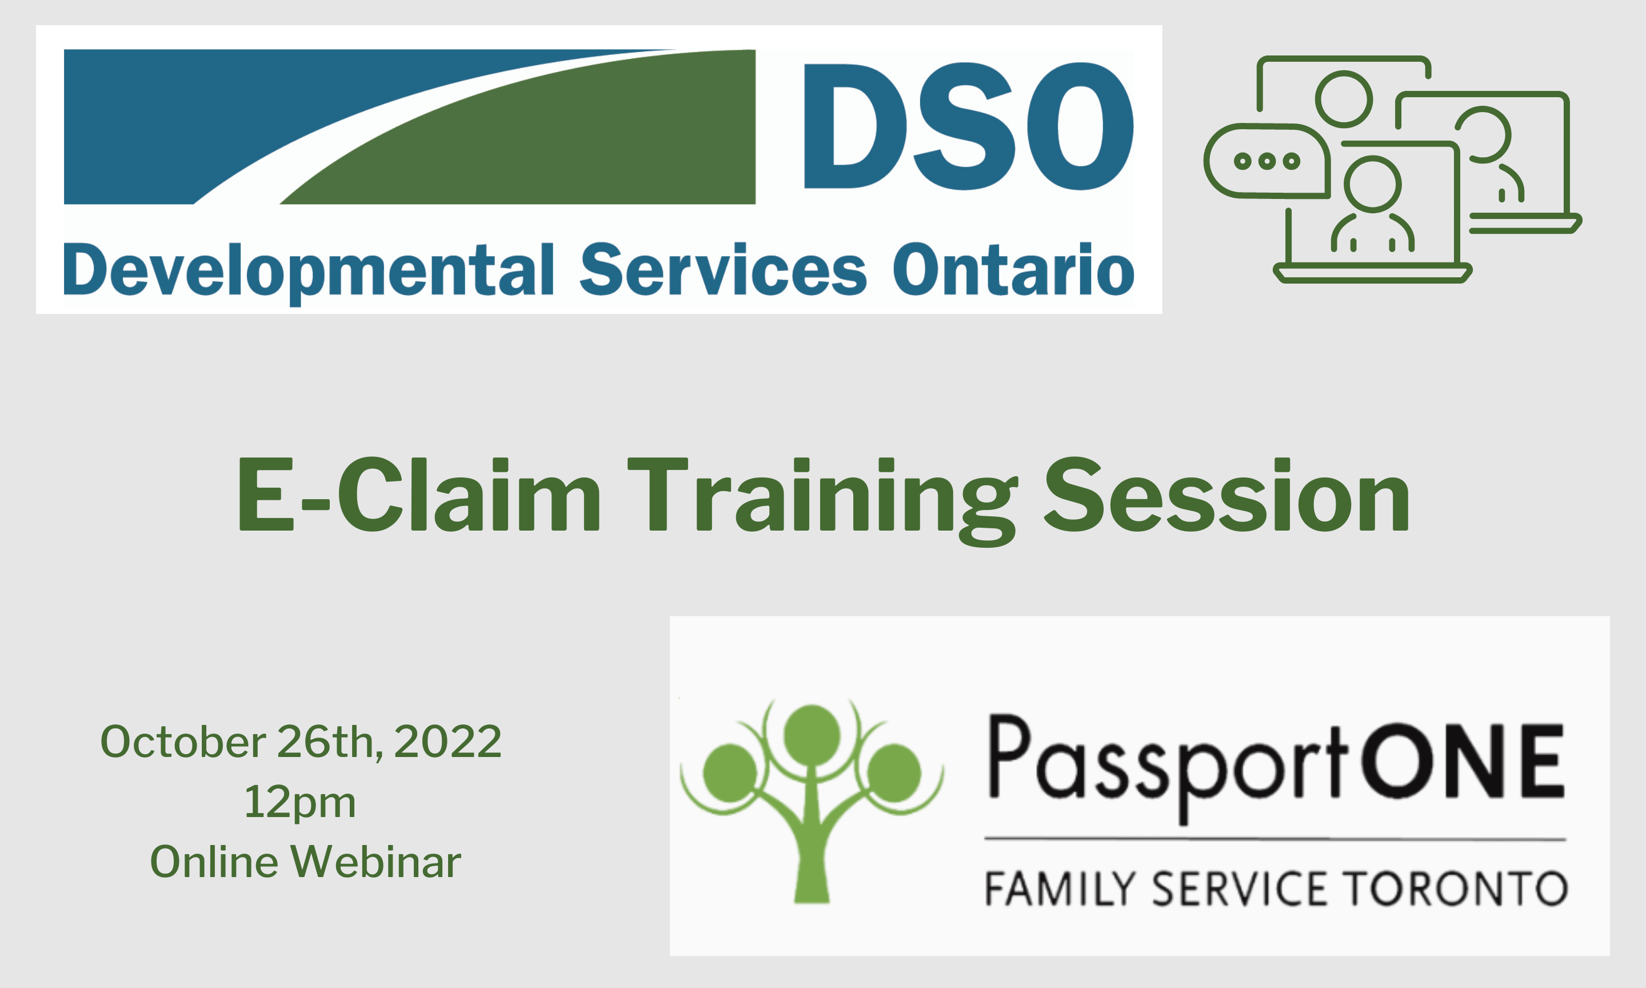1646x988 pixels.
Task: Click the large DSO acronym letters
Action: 969,126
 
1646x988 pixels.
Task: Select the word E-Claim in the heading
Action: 419,495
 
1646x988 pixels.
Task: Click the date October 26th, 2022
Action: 301,741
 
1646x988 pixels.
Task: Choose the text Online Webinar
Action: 305,861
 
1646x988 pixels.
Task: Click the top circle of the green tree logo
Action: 812,735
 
